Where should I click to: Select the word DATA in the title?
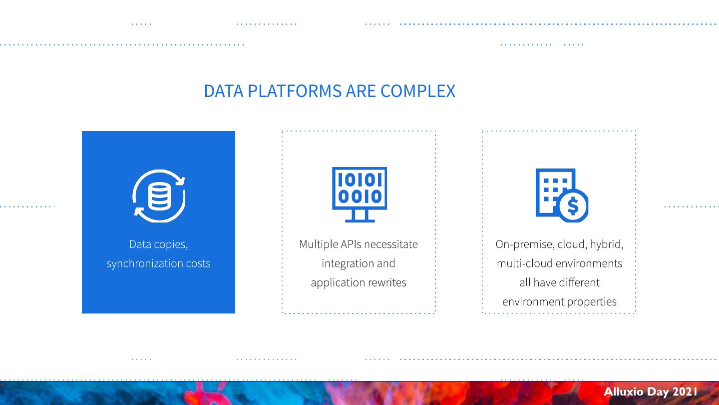click(x=224, y=91)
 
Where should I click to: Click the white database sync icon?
click(x=159, y=196)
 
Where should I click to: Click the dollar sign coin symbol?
click(x=573, y=206)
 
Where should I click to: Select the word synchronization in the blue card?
click(x=145, y=263)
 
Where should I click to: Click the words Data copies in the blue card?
click(x=158, y=244)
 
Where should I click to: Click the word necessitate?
click(x=391, y=244)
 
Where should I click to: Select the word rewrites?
click(x=387, y=282)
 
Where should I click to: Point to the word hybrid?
click(x=606, y=244)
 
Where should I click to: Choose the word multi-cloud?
click(x=524, y=263)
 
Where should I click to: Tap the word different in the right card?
click(x=579, y=282)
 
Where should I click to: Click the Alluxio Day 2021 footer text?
click(x=650, y=392)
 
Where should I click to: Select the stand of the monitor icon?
click(x=359, y=216)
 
